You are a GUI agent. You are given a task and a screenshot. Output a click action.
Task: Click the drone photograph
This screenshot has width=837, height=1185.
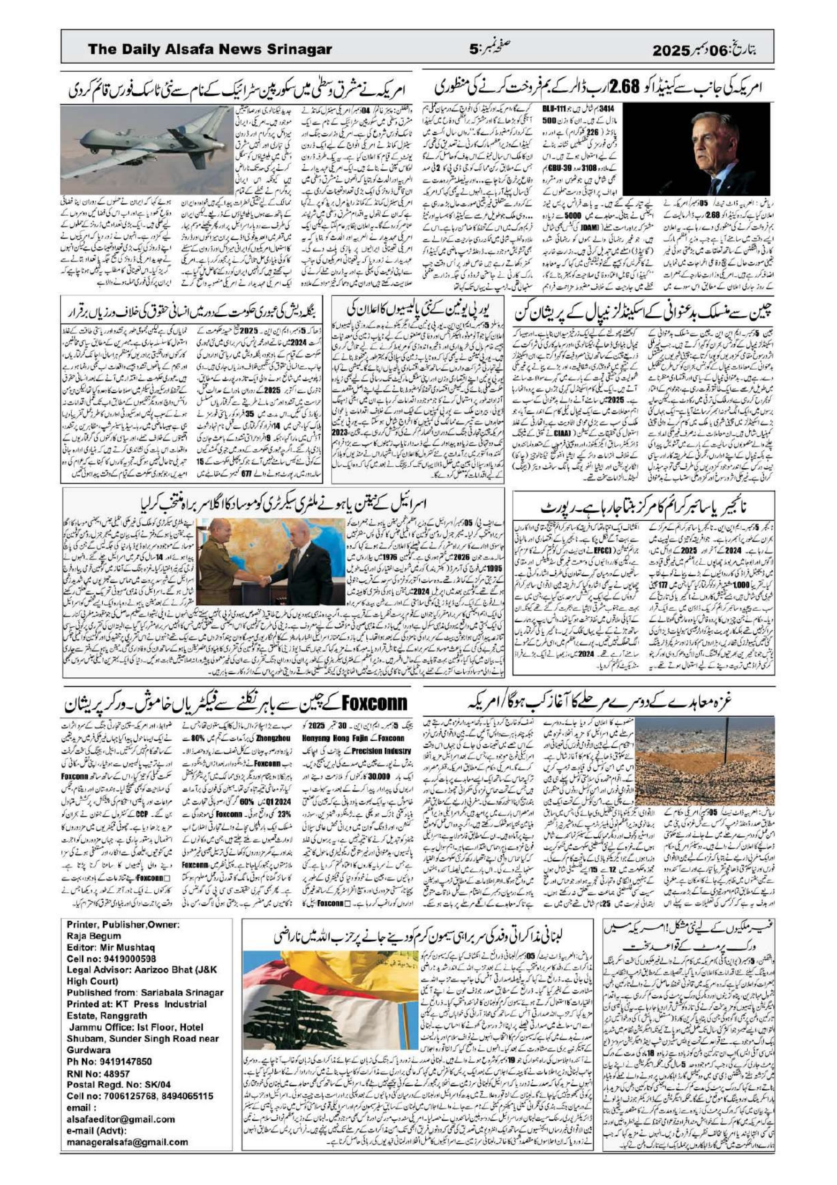point(149,150)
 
